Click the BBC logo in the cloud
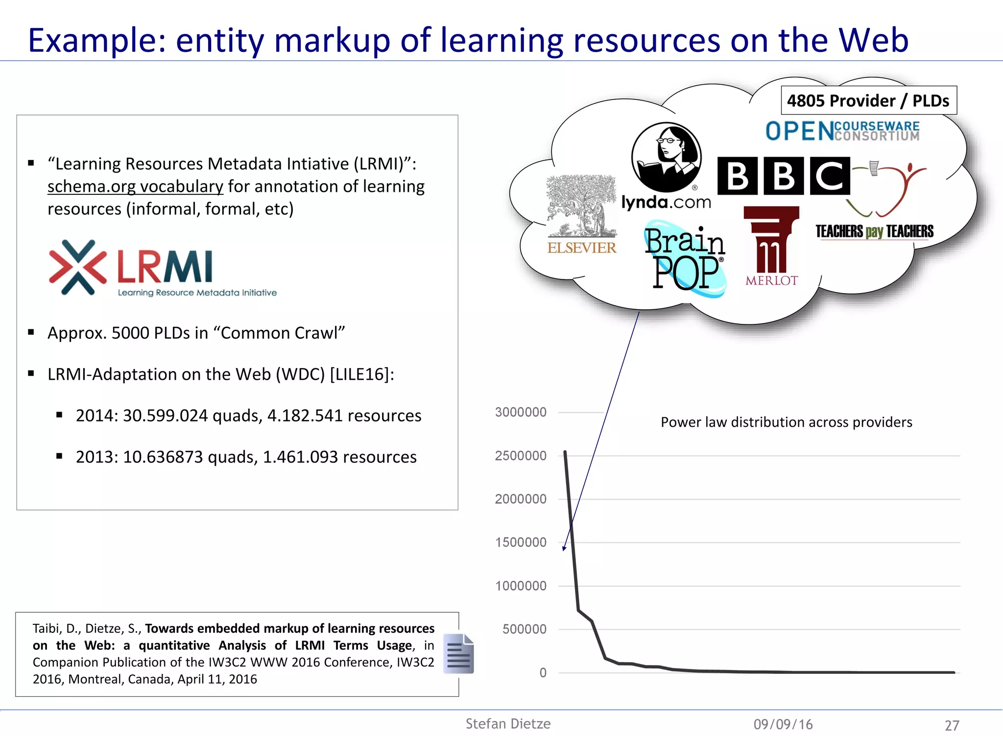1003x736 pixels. pos(783,176)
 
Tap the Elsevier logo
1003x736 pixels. pos(581,215)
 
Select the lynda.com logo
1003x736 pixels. pos(666,166)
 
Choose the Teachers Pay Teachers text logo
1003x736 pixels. pos(874,231)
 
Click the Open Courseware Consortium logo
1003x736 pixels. pos(842,131)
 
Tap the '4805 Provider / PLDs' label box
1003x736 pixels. pos(868,101)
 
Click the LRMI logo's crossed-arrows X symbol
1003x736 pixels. pos(77,267)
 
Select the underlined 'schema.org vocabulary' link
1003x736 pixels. pos(135,186)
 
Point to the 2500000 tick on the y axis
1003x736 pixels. pos(521,456)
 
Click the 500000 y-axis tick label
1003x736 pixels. pos(524,629)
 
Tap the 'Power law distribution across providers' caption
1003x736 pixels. pos(786,422)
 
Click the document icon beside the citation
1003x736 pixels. pos(458,654)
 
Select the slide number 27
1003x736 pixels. pos(952,725)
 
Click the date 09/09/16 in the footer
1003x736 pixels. pos(783,724)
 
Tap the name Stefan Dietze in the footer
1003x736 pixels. pos(508,724)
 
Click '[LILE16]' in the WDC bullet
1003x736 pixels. pos(362,374)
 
